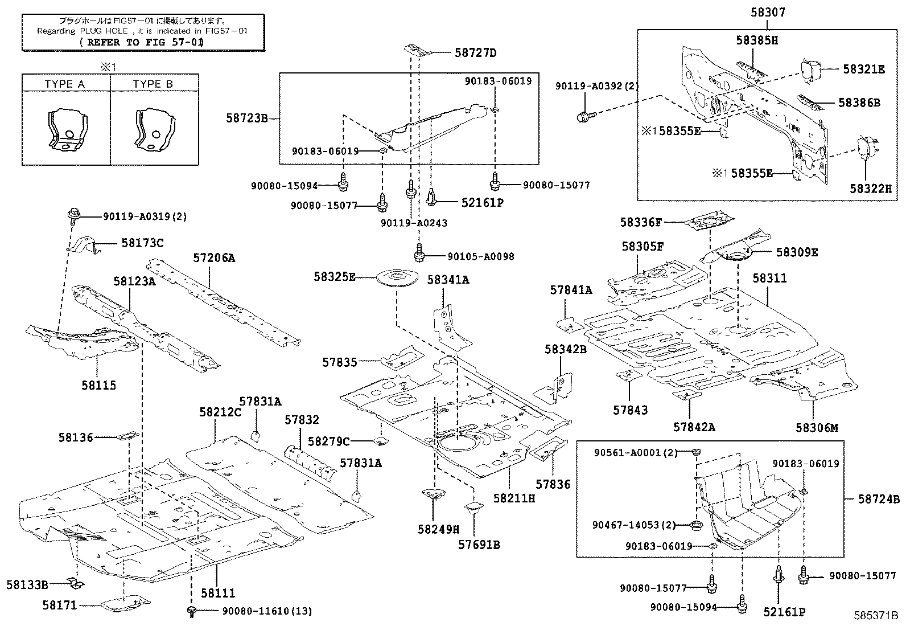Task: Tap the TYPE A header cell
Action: coord(65,84)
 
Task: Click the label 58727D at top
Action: coord(475,53)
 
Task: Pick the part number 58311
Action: coord(769,279)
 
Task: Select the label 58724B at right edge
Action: coord(879,499)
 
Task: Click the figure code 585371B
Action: coord(875,616)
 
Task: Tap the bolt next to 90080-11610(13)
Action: coord(192,612)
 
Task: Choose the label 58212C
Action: coord(220,411)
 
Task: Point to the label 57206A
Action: coord(213,258)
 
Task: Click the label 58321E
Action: coord(863,69)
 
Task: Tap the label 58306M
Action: coord(817,427)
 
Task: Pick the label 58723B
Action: coord(246,118)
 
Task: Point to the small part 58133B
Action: coord(76,582)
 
